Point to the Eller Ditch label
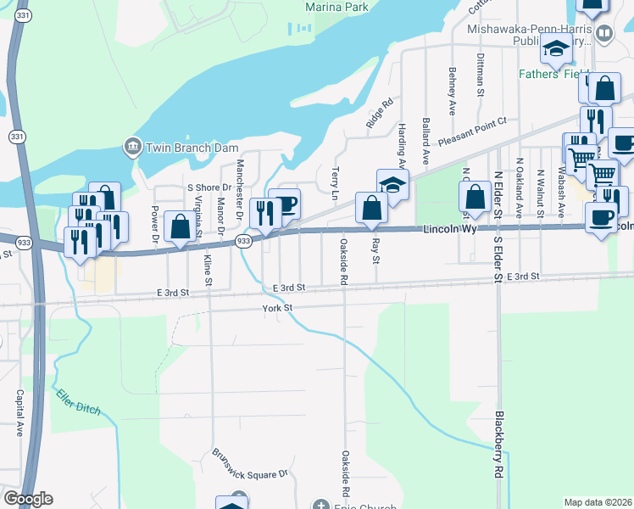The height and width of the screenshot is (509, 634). pyautogui.click(x=79, y=402)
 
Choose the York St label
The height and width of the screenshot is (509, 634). pyautogui.click(x=277, y=308)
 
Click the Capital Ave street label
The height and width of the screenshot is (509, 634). pyautogui.click(x=19, y=413)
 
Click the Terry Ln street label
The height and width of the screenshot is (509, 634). pyautogui.click(x=336, y=178)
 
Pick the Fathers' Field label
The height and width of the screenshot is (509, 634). pyautogui.click(x=550, y=74)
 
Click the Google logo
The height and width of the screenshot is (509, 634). pyautogui.click(x=28, y=499)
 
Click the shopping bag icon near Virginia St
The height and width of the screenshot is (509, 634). pyautogui.click(x=180, y=227)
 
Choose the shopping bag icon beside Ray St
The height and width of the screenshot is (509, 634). pyautogui.click(x=371, y=209)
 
